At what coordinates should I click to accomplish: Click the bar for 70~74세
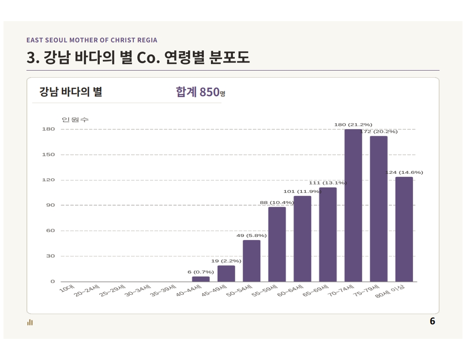pyautogui.click(x=353, y=205)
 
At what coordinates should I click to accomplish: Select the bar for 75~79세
pyautogui.click(x=379, y=209)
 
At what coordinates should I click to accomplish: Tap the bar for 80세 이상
pyautogui.click(x=404, y=229)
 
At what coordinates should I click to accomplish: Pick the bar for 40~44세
pyautogui.click(x=201, y=279)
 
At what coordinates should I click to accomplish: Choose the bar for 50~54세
pyautogui.click(x=252, y=261)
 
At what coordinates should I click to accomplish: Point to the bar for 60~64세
pyautogui.click(x=302, y=239)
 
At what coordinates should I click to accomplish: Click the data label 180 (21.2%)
pyautogui.click(x=353, y=125)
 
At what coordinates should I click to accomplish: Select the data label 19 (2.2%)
pyautogui.click(x=226, y=261)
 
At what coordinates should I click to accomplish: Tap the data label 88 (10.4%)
pyautogui.click(x=277, y=202)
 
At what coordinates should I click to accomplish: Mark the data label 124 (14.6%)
pyautogui.click(x=404, y=172)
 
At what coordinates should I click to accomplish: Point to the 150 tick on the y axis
pyautogui.click(x=49, y=154)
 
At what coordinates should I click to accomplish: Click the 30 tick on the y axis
pyautogui.click(x=50, y=256)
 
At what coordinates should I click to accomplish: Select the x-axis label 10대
pyautogui.click(x=67, y=289)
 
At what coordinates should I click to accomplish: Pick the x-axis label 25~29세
pyautogui.click(x=113, y=291)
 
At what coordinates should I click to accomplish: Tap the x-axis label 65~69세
pyautogui.click(x=316, y=291)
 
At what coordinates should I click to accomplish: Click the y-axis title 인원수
pyautogui.click(x=75, y=120)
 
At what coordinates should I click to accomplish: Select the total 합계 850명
pyautogui.click(x=201, y=92)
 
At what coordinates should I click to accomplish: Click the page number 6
pyautogui.click(x=432, y=321)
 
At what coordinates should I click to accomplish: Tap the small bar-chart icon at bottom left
pyautogui.click(x=30, y=322)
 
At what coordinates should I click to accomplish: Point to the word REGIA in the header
pyautogui.click(x=147, y=40)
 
